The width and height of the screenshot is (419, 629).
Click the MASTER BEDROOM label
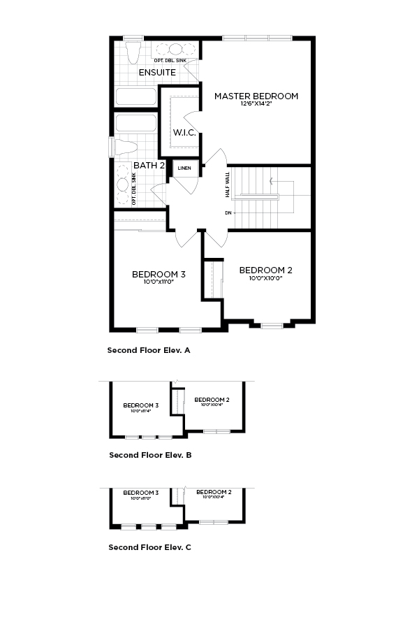coord(256,96)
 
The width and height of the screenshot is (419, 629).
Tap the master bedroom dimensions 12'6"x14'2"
coord(256,104)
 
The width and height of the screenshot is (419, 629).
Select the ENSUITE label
coord(157,72)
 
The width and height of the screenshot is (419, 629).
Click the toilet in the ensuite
coord(133,53)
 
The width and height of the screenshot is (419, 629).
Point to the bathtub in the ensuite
coord(136,96)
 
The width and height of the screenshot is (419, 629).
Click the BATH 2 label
coord(149,166)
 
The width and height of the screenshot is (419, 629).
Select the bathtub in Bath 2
coord(136,124)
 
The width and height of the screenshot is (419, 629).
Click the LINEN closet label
coord(184,168)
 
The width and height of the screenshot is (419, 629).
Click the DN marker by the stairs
coord(228,212)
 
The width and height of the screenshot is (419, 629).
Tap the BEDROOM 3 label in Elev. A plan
coord(159,274)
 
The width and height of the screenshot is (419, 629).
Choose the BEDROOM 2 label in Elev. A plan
coord(265,270)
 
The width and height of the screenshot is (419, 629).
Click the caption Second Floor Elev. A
coord(149,350)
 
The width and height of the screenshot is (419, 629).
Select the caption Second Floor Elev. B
coord(150,455)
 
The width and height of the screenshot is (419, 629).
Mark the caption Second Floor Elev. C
coord(149,547)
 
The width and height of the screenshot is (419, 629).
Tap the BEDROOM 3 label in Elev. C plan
coord(140,493)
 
